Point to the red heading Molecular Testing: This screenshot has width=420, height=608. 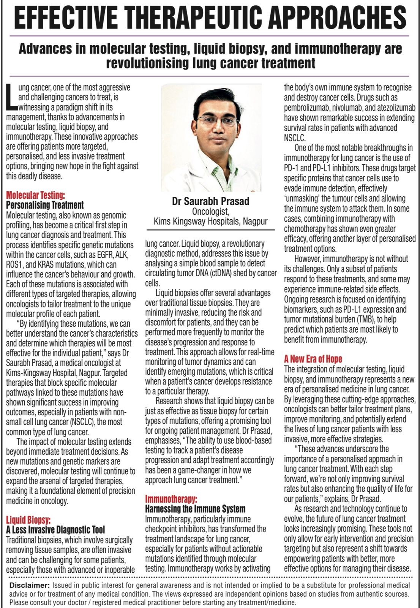tap(36, 195)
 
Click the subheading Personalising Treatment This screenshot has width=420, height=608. tap(45, 205)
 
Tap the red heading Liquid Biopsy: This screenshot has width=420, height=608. tap(28, 520)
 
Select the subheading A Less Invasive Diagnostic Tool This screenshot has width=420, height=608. tap(55, 530)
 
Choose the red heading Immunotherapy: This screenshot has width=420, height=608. tap(171, 499)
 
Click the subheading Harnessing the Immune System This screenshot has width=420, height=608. tap(195, 509)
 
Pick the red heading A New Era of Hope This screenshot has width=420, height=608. tap(313, 359)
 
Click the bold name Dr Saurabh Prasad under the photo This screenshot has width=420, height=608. tap(210, 201)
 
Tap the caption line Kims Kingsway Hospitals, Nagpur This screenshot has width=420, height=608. tap(210, 221)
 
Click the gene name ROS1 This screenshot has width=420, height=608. tap(14, 264)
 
